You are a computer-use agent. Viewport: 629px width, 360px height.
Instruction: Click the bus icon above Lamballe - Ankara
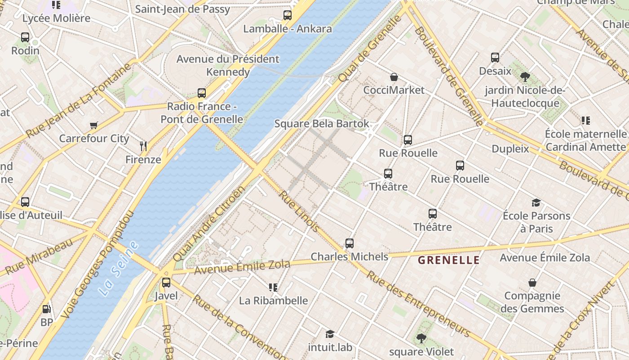click(x=288, y=15)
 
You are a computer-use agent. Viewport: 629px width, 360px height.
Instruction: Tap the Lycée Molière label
click(x=56, y=18)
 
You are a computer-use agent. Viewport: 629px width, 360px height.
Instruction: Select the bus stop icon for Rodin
click(x=25, y=37)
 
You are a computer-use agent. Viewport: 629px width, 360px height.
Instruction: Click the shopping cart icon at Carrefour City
click(x=93, y=125)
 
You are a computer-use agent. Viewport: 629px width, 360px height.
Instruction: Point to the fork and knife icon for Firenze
click(x=143, y=146)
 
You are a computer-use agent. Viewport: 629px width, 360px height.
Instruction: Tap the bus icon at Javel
click(x=166, y=283)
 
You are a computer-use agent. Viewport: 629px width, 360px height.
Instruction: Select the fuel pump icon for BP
click(x=46, y=309)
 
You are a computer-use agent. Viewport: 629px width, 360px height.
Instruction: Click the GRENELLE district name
click(x=449, y=260)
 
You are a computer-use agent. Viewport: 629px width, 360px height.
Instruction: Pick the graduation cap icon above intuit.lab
click(x=330, y=334)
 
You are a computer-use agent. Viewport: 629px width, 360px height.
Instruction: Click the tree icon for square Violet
click(x=421, y=338)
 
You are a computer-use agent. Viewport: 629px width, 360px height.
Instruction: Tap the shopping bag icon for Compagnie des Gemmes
click(x=532, y=283)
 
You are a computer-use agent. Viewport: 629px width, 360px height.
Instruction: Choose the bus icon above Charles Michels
click(x=350, y=243)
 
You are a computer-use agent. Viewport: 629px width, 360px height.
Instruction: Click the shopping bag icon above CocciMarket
click(x=394, y=77)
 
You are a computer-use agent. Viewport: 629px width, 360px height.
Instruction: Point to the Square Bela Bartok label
click(x=322, y=123)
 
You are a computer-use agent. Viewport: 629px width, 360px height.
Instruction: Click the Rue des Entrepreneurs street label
click(x=418, y=304)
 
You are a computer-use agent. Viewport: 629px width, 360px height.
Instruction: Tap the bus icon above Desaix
click(x=495, y=58)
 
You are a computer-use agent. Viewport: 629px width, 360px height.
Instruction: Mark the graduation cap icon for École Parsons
click(x=536, y=202)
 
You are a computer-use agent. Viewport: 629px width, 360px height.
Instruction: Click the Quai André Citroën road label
click(x=208, y=224)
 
